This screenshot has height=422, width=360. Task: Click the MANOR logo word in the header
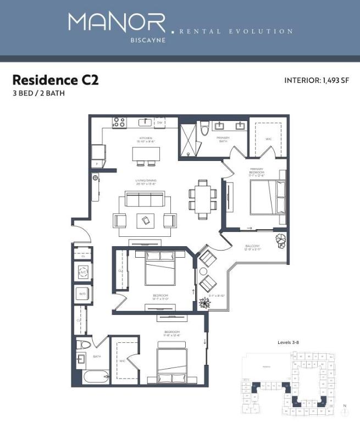[x=117, y=23]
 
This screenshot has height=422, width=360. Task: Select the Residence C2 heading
[x=55, y=80]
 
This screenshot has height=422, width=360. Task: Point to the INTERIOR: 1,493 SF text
[x=315, y=80]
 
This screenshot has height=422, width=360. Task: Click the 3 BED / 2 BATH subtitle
[x=38, y=93]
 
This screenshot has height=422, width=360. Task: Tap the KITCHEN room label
[x=145, y=138]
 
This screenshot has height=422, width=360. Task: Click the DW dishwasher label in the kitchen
[x=160, y=123]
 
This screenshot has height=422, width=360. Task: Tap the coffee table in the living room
[x=145, y=220]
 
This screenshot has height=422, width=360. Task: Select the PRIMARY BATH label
[x=223, y=140]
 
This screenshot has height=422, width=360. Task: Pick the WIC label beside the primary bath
[x=268, y=139]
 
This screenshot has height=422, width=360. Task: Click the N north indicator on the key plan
[x=344, y=407]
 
